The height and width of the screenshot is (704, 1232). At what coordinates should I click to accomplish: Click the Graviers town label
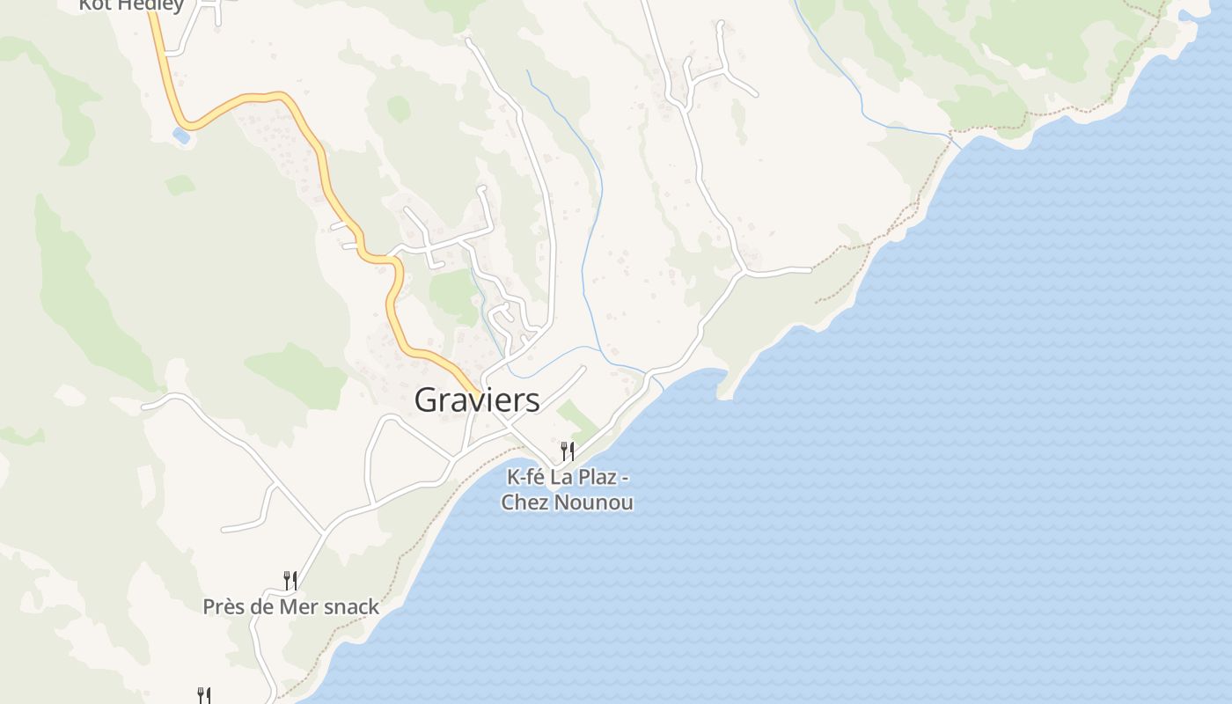pyautogui.click(x=477, y=400)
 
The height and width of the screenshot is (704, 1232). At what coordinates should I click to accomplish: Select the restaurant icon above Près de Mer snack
pyautogui.click(x=290, y=580)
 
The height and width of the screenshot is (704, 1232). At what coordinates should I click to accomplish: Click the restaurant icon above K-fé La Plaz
pyautogui.click(x=568, y=451)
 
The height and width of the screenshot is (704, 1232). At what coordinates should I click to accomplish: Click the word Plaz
pyautogui.click(x=597, y=478)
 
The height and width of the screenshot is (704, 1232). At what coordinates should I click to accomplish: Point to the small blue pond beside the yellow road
pyautogui.click(x=181, y=136)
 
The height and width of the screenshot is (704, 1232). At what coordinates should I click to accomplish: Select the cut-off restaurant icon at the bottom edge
pyautogui.click(x=203, y=695)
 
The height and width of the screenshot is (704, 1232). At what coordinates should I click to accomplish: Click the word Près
pyautogui.click(x=224, y=607)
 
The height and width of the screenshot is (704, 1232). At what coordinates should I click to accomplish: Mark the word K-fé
pyautogui.click(x=526, y=478)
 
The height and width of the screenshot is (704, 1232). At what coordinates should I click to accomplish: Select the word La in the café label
pyautogui.click(x=561, y=478)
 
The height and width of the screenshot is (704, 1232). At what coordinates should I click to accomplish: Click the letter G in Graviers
pyautogui.click(x=426, y=400)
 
